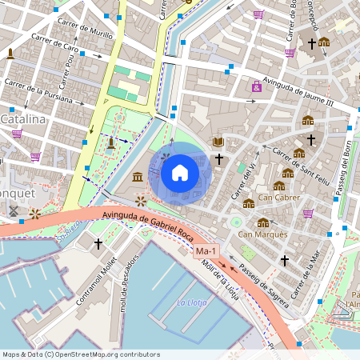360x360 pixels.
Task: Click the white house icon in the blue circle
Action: tap(180, 172)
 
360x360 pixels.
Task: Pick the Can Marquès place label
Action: tap(262, 234)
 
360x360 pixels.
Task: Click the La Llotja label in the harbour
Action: tap(192, 302)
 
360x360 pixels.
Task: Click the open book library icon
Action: tap(217, 142)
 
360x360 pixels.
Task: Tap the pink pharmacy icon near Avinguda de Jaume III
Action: tap(256, 87)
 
